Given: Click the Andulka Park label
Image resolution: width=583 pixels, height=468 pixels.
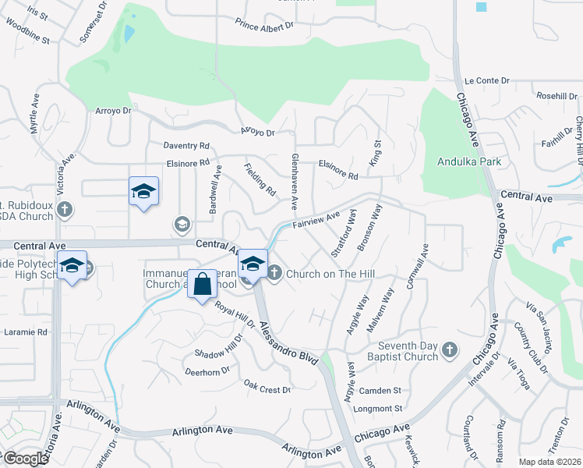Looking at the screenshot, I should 468,162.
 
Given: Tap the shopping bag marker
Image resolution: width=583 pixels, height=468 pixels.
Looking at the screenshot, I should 202,285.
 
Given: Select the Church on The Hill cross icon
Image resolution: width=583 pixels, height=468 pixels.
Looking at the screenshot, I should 274,272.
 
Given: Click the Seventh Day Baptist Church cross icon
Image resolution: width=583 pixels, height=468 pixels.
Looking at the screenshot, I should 449,350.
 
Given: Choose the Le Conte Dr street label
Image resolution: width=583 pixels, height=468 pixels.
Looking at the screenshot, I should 486,80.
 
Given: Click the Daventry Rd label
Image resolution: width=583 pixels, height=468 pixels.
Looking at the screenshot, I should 186,146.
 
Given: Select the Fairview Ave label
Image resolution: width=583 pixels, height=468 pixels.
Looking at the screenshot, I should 316,221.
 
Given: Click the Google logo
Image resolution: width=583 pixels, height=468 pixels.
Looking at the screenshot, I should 25,458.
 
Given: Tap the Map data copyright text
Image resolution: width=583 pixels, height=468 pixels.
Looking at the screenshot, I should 549,462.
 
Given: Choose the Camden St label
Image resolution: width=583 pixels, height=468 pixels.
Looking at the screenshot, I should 385,390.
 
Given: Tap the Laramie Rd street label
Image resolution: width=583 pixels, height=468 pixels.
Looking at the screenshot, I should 26,331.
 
